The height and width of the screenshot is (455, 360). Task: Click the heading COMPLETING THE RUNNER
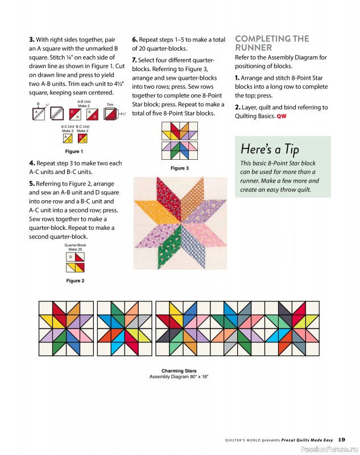coord(272,43)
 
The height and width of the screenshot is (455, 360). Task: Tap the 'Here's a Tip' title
coord(270,150)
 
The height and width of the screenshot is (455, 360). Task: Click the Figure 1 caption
coord(73,152)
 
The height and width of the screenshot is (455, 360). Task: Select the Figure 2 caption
coord(75,281)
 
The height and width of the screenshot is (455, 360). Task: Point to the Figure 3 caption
coord(180,168)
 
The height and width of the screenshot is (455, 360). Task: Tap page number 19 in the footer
coord(341,439)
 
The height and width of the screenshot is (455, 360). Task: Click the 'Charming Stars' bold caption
coord(179,371)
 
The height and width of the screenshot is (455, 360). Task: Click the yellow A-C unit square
coord(67,138)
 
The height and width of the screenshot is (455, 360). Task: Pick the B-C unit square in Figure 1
coord(82,138)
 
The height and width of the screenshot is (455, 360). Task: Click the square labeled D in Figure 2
coord(71,258)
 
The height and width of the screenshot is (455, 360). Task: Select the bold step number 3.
coord(31,40)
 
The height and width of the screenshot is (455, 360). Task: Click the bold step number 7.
coord(134,60)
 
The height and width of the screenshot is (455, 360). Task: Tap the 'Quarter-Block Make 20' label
coord(76,247)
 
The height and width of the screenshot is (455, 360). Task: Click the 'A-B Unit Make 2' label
coord(84,104)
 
